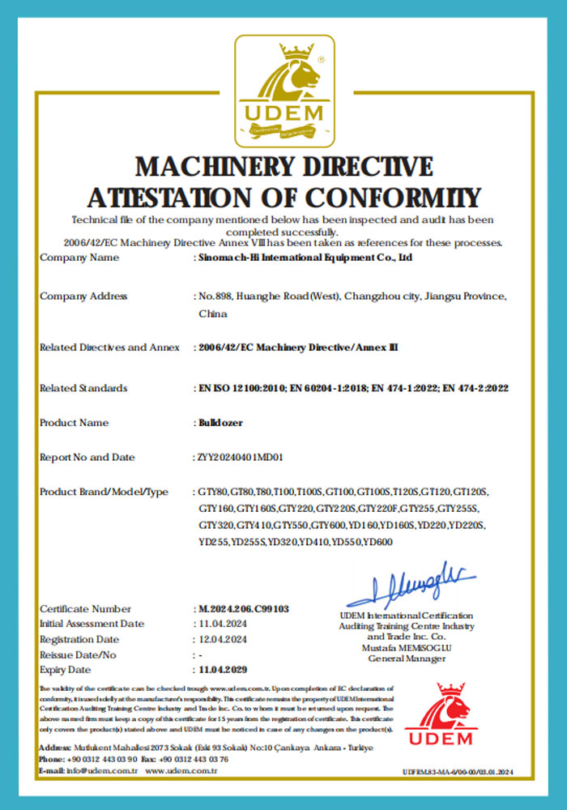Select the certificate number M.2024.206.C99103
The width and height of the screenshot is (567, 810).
click(244, 608)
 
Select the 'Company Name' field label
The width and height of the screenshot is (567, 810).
click(79, 258)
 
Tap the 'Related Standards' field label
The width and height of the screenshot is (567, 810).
click(83, 388)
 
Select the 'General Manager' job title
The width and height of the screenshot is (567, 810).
click(407, 659)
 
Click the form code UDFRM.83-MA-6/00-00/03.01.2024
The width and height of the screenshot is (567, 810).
click(458, 772)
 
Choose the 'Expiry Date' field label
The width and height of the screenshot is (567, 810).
click(66, 670)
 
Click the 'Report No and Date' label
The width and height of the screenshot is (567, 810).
click(87, 458)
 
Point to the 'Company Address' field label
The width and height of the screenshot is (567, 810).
click(83, 296)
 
